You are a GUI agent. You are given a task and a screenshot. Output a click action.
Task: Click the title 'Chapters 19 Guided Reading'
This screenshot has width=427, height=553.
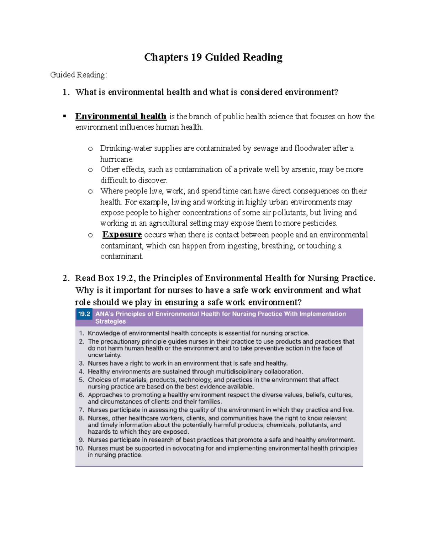pyautogui.click(x=213, y=57)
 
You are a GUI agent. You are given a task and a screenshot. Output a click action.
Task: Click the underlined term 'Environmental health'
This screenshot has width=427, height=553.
pyautogui.click(x=121, y=116)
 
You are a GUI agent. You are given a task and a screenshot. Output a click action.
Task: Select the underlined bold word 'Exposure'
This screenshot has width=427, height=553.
pyautogui.click(x=122, y=235)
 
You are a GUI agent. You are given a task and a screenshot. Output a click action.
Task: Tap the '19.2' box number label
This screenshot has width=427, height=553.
pyautogui.click(x=84, y=314)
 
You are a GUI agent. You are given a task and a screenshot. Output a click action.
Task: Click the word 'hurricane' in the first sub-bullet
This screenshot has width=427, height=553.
pyautogui.click(x=116, y=159)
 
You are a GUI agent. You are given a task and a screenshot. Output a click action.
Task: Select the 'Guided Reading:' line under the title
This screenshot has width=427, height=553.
pyautogui.click(x=78, y=75)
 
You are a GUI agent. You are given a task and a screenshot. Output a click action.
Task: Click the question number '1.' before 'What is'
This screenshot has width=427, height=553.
pyautogui.click(x=66, y=92)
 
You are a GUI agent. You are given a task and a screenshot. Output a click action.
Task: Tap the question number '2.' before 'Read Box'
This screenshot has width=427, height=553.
pyautogui.click(x=66, y=278)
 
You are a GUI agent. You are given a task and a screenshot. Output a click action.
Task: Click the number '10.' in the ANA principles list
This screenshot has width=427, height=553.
pyautogui.click(x=80, y=448)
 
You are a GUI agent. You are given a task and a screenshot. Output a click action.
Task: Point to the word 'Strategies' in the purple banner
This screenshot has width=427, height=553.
pyautogui.click(x=110, y=322)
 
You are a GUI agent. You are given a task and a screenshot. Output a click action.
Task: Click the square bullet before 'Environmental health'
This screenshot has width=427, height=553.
pyautogui.click(x=64, y=116)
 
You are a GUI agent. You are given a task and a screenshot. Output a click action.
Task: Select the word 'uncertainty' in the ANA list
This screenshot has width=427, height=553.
pyautogui.click(x=104, y=355)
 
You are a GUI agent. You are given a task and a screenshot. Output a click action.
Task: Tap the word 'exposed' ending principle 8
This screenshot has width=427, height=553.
pyautogui.click(x=176, y=432)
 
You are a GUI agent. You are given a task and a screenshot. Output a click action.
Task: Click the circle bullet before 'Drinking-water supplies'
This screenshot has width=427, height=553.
pyautogui.click(x=90, y=148)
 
